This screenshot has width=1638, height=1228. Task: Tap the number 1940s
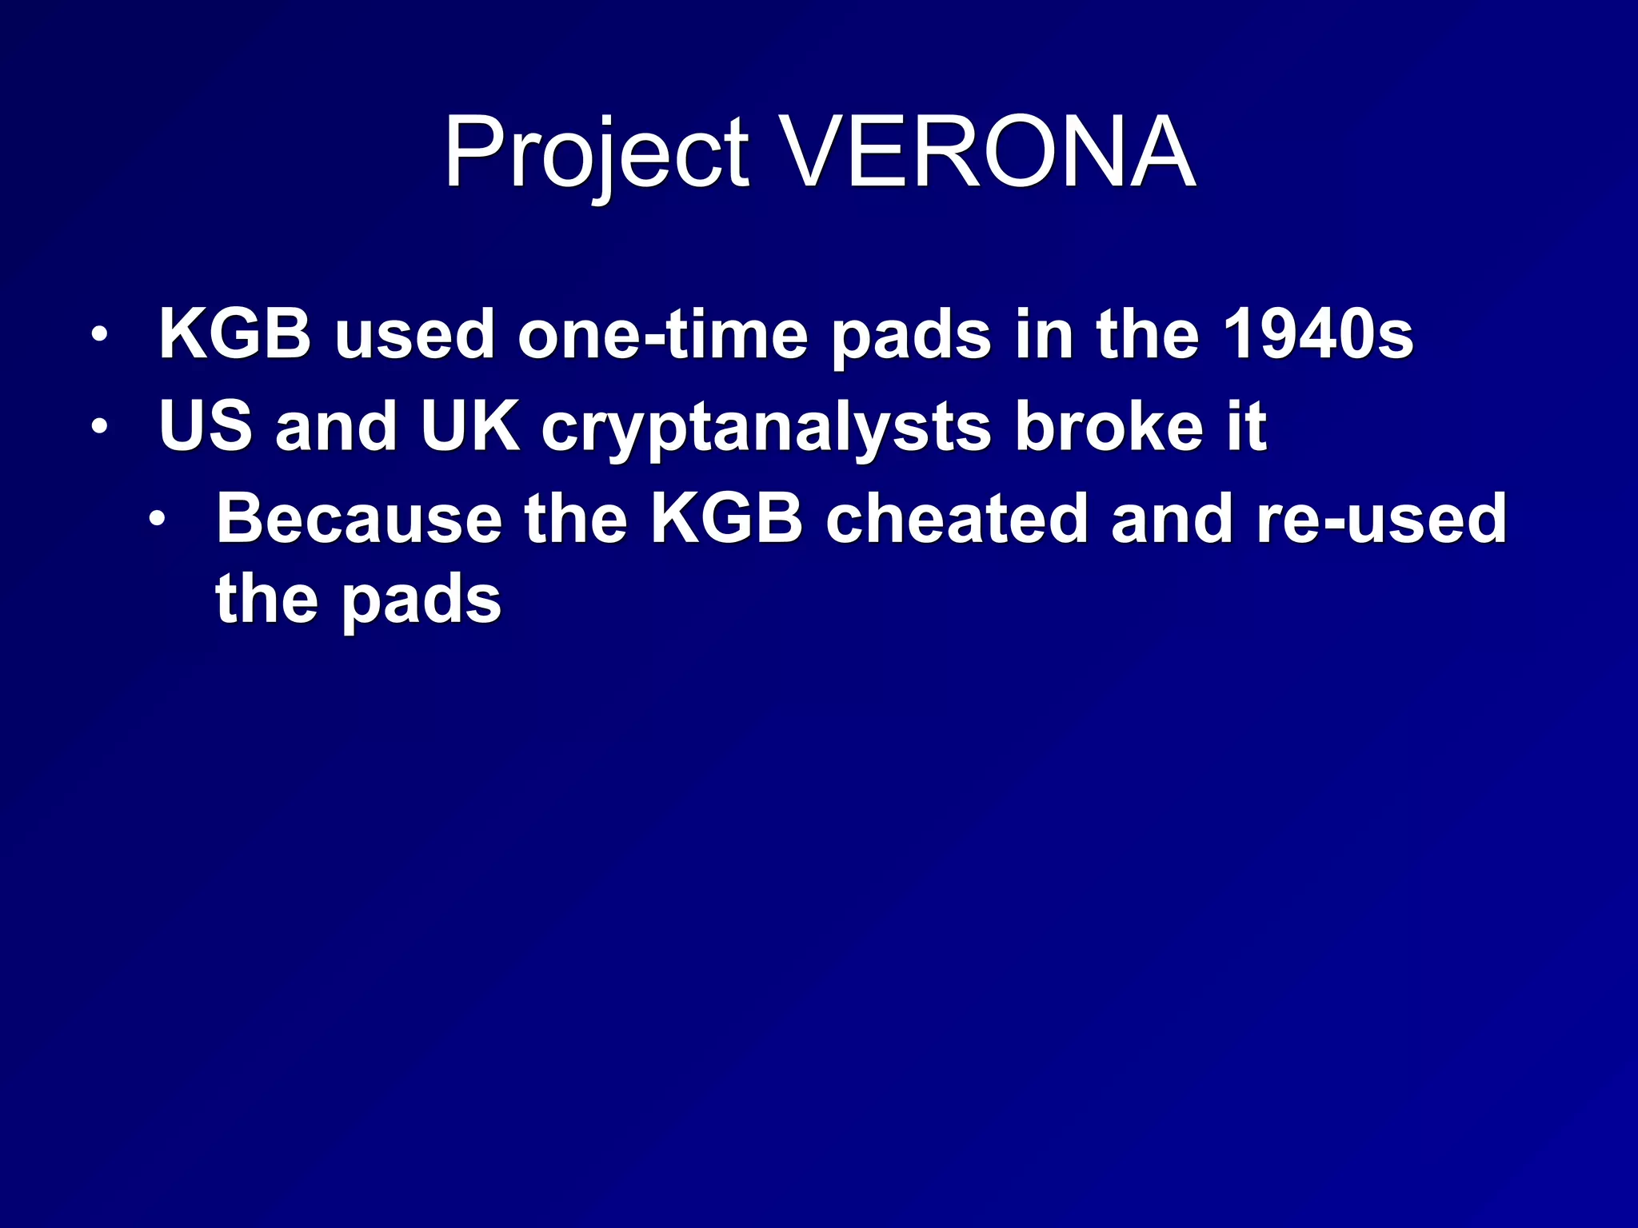click(x=1318, y=334)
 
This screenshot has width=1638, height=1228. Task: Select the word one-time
click(x=663, y=334)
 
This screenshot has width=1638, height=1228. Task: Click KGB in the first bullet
click(x=234, y=334)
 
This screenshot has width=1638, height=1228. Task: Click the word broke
click(x=1109, y=426)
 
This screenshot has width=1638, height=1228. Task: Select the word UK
click(x=470, y=426)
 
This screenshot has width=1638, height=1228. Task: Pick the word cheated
click(x=957, y=519)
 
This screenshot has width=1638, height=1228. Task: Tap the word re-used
click(x=1381, y=519)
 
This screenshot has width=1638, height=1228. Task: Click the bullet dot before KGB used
click(x=98, y=335)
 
